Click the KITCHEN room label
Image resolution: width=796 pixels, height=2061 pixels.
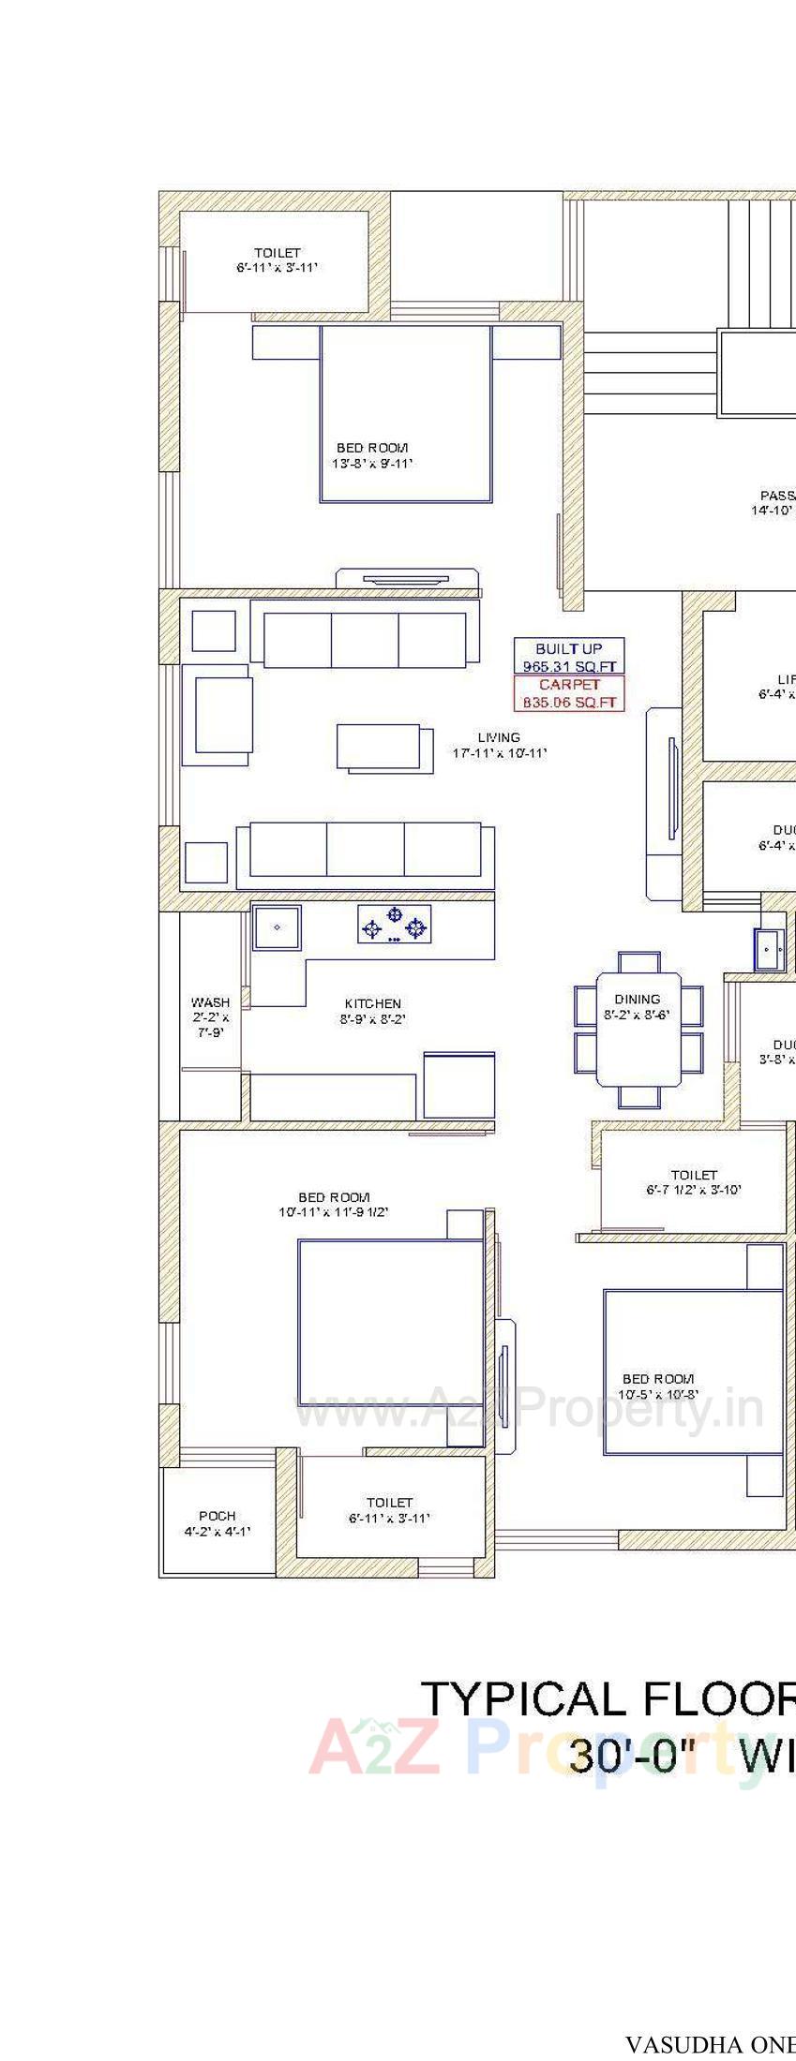tap(372, 1003)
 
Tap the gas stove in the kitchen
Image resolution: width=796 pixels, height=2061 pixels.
tap(395, 926)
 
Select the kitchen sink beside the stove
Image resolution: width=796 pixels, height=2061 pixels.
tap(277, 927)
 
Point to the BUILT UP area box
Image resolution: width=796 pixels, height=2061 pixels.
tap(568, 656)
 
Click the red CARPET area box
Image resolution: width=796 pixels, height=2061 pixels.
tap(568, 693)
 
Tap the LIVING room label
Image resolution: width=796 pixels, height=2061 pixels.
tap(498, 737)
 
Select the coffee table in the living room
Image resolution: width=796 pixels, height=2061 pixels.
tap(383, 747)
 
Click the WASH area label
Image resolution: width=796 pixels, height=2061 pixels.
tap(210, 1002)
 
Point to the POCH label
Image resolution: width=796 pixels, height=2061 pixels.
tap(218, 1516)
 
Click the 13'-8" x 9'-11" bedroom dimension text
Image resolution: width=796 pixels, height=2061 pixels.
tap(372, 463)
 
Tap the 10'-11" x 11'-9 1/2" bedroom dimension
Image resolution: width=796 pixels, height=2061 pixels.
tap(333, 1212)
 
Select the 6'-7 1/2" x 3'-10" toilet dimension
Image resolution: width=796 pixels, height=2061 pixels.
tap(694, 1190)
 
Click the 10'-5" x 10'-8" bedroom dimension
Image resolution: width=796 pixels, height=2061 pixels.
tap(660, 1394)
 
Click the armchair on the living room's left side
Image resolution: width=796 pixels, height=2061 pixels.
tap(218, 715)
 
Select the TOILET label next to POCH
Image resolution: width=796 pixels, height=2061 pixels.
tap(389, 1502)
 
